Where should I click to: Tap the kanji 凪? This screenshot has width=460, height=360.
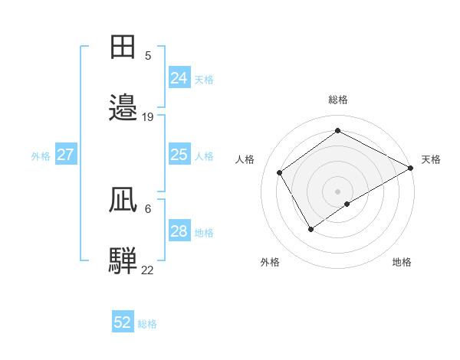tap(123, 200)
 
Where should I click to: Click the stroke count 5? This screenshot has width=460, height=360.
tap(148, 55)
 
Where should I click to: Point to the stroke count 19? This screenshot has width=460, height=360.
tap(148, 116)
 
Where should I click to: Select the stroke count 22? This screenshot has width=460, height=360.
tap(148, 270)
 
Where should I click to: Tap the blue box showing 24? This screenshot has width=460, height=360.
tap(179, 78)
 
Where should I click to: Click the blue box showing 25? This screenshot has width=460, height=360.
tap(179, 155)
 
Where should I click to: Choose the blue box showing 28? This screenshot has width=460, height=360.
tap(179, 231)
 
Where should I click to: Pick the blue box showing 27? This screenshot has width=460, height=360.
tap(66, 155)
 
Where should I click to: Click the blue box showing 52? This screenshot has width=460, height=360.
tap(123, 322)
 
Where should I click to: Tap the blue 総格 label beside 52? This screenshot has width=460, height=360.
tap(147, 324)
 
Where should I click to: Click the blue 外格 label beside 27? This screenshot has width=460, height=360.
tap(41, 156)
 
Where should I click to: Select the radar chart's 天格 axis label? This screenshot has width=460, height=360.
tap(431, 159)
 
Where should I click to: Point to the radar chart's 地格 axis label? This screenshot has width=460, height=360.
tap(402, 262)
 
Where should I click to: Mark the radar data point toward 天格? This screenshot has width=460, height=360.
tap(411, 168)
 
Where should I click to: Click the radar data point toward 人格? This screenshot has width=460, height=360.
tap(280, 172)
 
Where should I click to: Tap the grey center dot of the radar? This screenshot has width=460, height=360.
tap(337, 191)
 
